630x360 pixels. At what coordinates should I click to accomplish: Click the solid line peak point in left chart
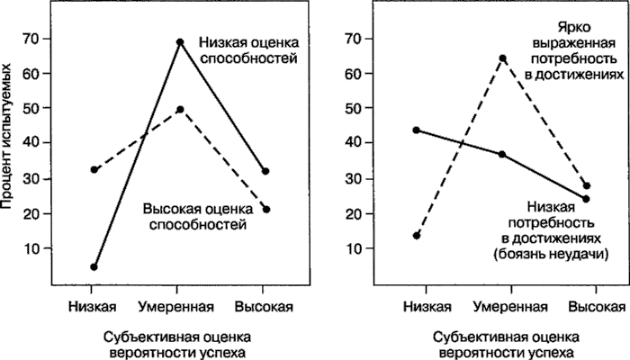180,42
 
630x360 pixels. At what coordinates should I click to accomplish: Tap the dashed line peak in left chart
180,109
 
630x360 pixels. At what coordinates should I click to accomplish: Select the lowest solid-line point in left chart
94,266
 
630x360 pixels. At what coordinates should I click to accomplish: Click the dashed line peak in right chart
502,58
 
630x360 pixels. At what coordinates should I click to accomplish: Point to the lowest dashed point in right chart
417,236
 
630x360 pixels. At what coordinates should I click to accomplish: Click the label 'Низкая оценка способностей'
248,50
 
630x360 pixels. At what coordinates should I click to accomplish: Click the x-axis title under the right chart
501,345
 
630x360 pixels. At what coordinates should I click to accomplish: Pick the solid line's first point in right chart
417,130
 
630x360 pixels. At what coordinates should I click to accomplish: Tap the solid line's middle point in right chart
502,154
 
